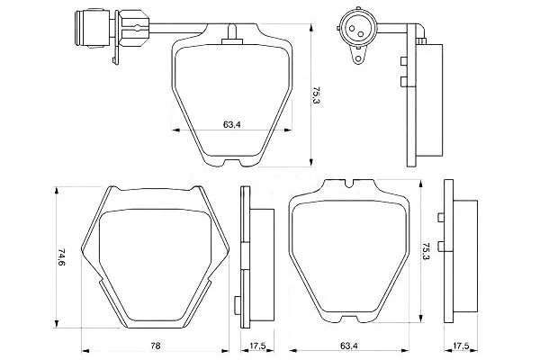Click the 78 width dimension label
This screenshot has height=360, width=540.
click(x=156, y=346)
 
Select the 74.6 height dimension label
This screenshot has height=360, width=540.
click(x=61, y=257)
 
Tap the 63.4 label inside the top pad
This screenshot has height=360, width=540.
click(x=231, y=124)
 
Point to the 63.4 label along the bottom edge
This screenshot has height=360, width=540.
click(x=348, y=346)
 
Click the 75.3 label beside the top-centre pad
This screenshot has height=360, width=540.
click(x=317, y=95)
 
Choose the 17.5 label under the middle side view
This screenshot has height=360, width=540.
click(x=257, y=346)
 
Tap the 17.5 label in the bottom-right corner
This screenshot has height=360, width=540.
click(x=461, y=346)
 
